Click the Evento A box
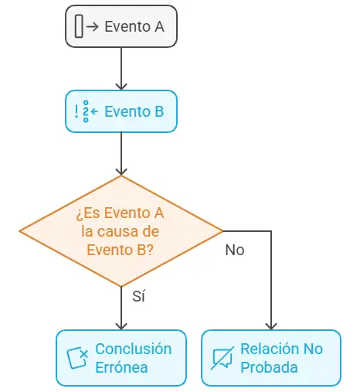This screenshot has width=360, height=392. coord(121,26)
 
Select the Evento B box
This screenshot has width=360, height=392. coord(121,111)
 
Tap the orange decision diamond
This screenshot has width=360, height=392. coord(121,231)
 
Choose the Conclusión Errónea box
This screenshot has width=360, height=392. coord(121,358)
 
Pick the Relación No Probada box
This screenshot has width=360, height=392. coord(271,358)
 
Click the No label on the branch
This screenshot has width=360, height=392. coord(235,250)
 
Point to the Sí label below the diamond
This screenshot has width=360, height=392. coord(138,296)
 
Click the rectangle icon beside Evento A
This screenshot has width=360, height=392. coord(79,26)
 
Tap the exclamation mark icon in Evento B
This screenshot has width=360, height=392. coord(76,111)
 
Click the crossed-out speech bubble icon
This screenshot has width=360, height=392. coord(222,358)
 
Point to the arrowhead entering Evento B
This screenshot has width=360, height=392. coord(121,87)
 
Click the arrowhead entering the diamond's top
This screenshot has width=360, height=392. coord(121,172)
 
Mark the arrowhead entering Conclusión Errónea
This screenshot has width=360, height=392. coord(121,326)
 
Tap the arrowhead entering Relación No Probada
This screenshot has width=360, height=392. coord(271,326)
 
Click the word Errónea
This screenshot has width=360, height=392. coord(121,367)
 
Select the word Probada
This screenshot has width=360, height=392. coord(269,367)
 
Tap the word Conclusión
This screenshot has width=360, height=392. coord(134,349)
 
